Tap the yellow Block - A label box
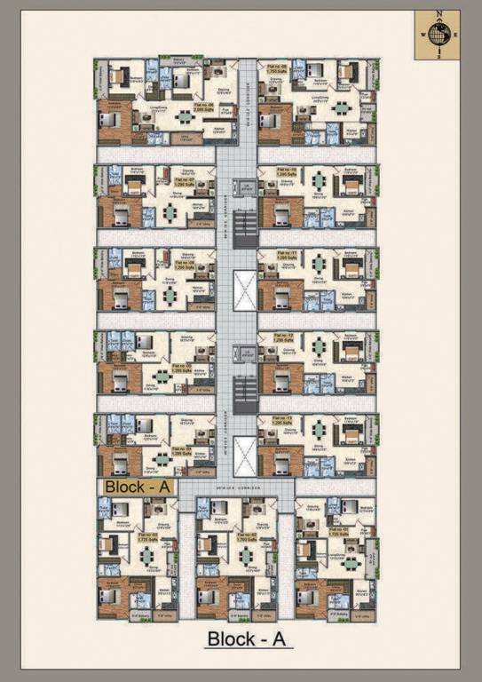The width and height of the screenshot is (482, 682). point(138,486)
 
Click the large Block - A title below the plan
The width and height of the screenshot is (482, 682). point(249,638)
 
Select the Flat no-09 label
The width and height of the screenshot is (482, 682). point(272,67)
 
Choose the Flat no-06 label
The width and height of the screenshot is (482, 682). point(184,265)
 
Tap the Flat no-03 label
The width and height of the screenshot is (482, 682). point(147,535)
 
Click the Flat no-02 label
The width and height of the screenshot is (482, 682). point(245,535)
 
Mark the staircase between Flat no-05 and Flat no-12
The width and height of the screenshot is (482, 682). point(243,386)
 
